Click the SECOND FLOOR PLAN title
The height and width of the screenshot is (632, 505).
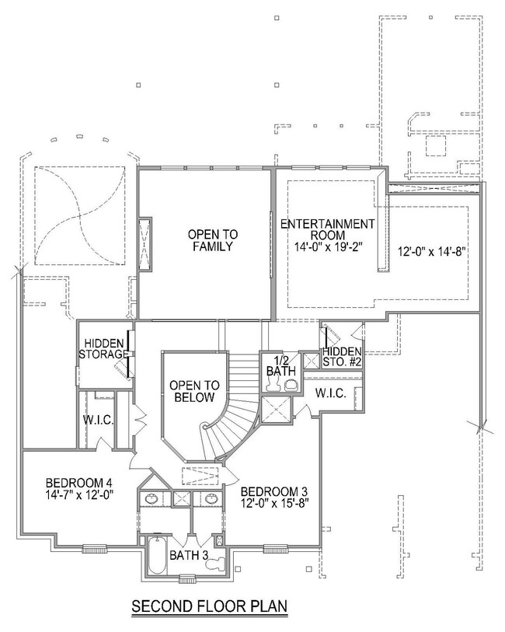coord(210,606)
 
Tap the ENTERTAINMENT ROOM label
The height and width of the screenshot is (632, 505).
coord(327,229)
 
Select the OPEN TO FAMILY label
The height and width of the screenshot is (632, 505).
coord(213,240)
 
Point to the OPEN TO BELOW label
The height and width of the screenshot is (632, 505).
coord(194,391)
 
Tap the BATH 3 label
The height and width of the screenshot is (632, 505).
coord(189,555)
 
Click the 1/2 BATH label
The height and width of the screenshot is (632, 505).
coord(280,365)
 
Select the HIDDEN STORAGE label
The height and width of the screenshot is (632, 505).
coord(103,349)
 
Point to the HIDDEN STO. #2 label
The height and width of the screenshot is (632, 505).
coord(342,357)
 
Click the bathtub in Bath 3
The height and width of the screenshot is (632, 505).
coord(157,555)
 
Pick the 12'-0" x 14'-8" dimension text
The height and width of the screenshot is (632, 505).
coord(432,252)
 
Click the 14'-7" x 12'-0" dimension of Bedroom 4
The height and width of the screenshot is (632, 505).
coord(79,494)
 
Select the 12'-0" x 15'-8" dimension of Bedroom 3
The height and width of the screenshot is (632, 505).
coord(275,504)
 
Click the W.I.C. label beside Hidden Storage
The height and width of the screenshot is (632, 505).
coord(98,421)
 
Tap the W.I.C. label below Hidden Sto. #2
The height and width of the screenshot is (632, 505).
coord(331,393)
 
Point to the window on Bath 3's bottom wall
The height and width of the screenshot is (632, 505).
coord(187,579)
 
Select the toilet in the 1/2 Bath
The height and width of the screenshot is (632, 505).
coord(291,386)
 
